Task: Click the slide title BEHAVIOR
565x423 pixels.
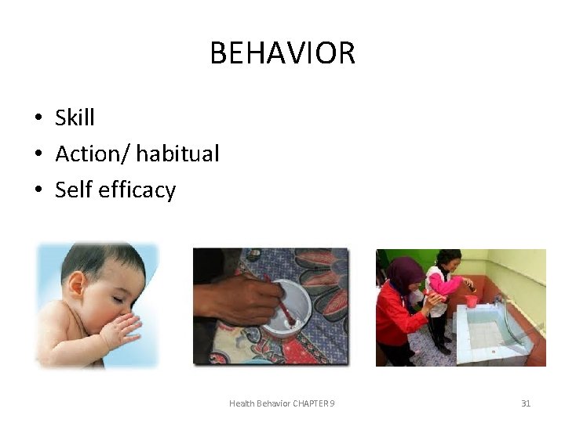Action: (x=282, y=53)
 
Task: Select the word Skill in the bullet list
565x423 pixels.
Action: (x=75, y=117)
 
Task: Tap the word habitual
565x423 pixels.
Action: (x=177, y=154)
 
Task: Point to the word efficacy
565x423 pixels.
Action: (x=137, y=190)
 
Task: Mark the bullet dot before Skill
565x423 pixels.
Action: (x=38, y=118)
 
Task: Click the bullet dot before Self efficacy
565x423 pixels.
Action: (x=38, y=190)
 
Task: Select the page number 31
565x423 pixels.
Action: (x=526, y=403)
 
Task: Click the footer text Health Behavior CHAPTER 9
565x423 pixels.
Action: (x=282, y=403)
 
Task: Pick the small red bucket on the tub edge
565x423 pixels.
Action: (x=472, y=300)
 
